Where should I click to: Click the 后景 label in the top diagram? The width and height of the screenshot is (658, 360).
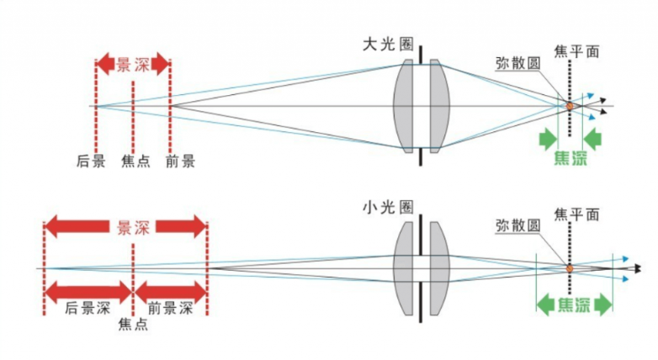click(x=91, y=161)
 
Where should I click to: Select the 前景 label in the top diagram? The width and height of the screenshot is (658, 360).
click(x=180, y=161)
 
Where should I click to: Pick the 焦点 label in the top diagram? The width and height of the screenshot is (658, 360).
click(x=135, y=161)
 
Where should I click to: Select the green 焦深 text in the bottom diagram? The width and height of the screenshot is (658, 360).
click(x=576, y=305)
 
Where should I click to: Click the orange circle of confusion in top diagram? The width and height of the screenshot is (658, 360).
click(x=570, y=106)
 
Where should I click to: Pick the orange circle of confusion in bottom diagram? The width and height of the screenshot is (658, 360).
click(x=570, y=268)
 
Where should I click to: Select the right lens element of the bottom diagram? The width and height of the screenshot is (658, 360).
click(x=438, y=268)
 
